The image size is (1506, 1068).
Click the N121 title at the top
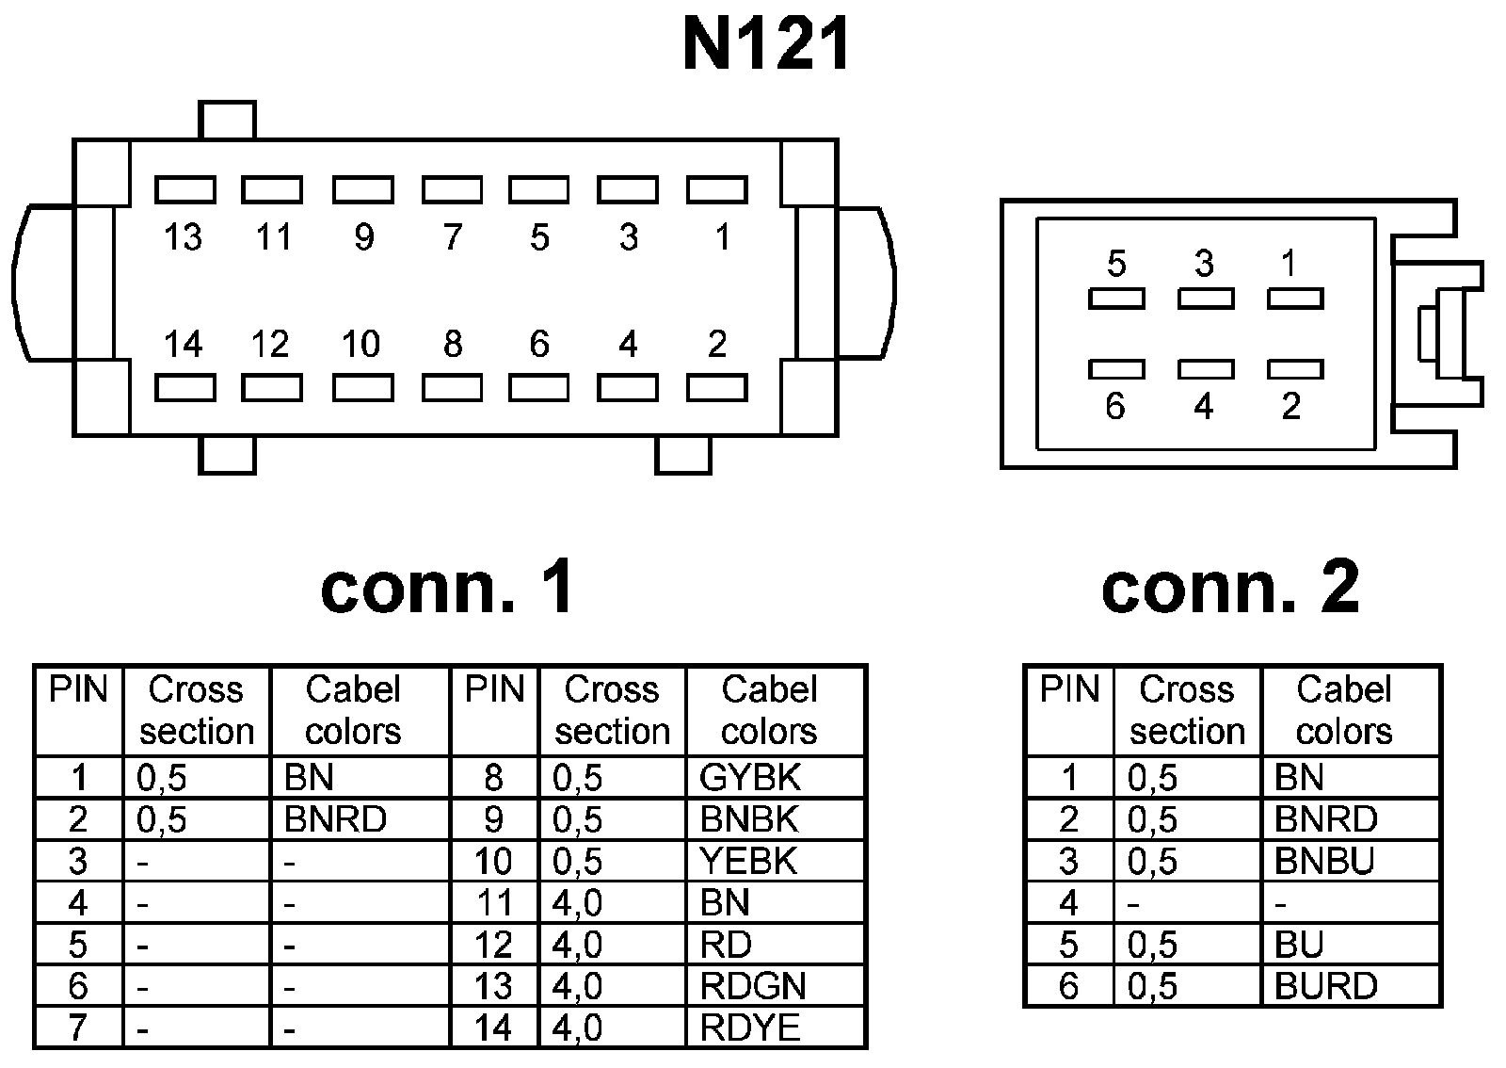tap(766, 44)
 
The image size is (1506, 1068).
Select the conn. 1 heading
tap(447, 587)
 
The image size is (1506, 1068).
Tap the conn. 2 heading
tap(1230, 587)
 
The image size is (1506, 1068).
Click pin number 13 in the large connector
tap(183, 236)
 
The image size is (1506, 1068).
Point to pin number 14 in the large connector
tap(183, 344)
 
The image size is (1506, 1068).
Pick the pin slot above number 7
tap(452, 189)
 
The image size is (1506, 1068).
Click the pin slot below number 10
tap(363, 387)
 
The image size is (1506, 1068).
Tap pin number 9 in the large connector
tap(363, 236)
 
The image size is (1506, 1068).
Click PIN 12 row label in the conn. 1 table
tap(493, 945)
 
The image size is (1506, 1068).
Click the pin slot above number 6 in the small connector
tap(1116, 369)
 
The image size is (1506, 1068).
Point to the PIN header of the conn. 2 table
tap(1069, 689)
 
